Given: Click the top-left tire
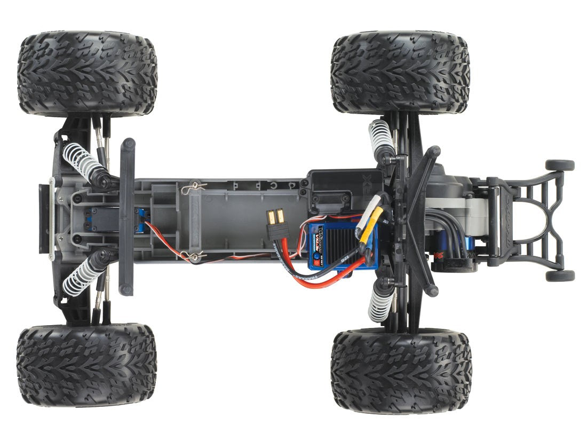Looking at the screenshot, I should [87, 74].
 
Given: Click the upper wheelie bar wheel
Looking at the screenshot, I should [560, 165].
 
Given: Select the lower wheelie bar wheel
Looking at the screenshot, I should [560, 275].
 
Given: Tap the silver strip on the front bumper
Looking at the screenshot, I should [51, 219].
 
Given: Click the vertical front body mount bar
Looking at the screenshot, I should [127, 217].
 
